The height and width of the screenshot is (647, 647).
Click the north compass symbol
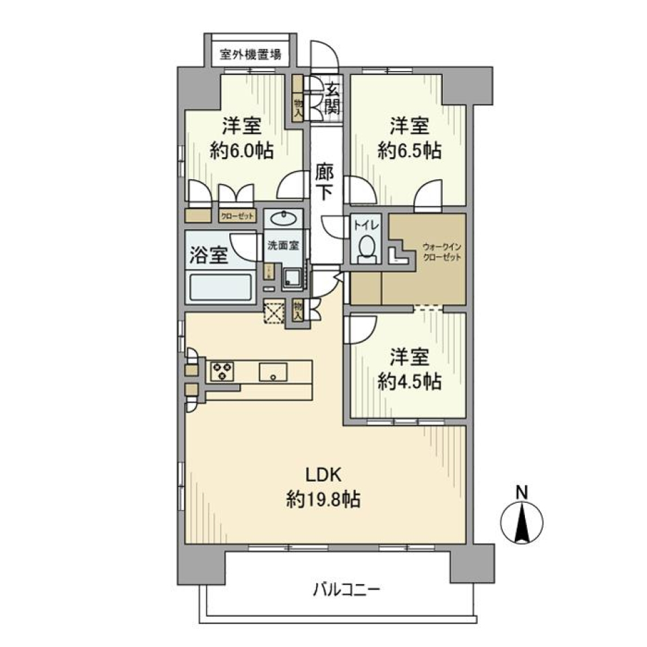521,523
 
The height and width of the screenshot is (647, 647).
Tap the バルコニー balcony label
346,590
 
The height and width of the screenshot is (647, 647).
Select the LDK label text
326,474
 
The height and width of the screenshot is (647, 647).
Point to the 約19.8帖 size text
326,499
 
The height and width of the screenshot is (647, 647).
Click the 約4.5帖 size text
409,381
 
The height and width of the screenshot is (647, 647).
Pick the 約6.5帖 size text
409,151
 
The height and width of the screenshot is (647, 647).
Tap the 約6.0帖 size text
241,151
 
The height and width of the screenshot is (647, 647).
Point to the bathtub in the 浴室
221,287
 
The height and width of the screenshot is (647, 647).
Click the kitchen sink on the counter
273,371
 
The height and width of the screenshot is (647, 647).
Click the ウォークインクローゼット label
438,251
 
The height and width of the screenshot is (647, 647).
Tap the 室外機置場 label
250,55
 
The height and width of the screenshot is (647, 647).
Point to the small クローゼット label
235,217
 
